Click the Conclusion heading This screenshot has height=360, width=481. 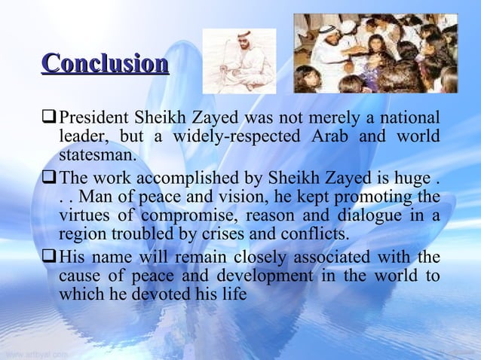pyautogui.click(x=105, y=63)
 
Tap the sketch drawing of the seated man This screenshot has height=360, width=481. pyautogui.click(x=240, y=60)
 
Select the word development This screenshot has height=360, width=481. pyautogui.click(x=248, y=276)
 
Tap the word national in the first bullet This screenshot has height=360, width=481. pyautogui.click(x=409, y=119)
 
